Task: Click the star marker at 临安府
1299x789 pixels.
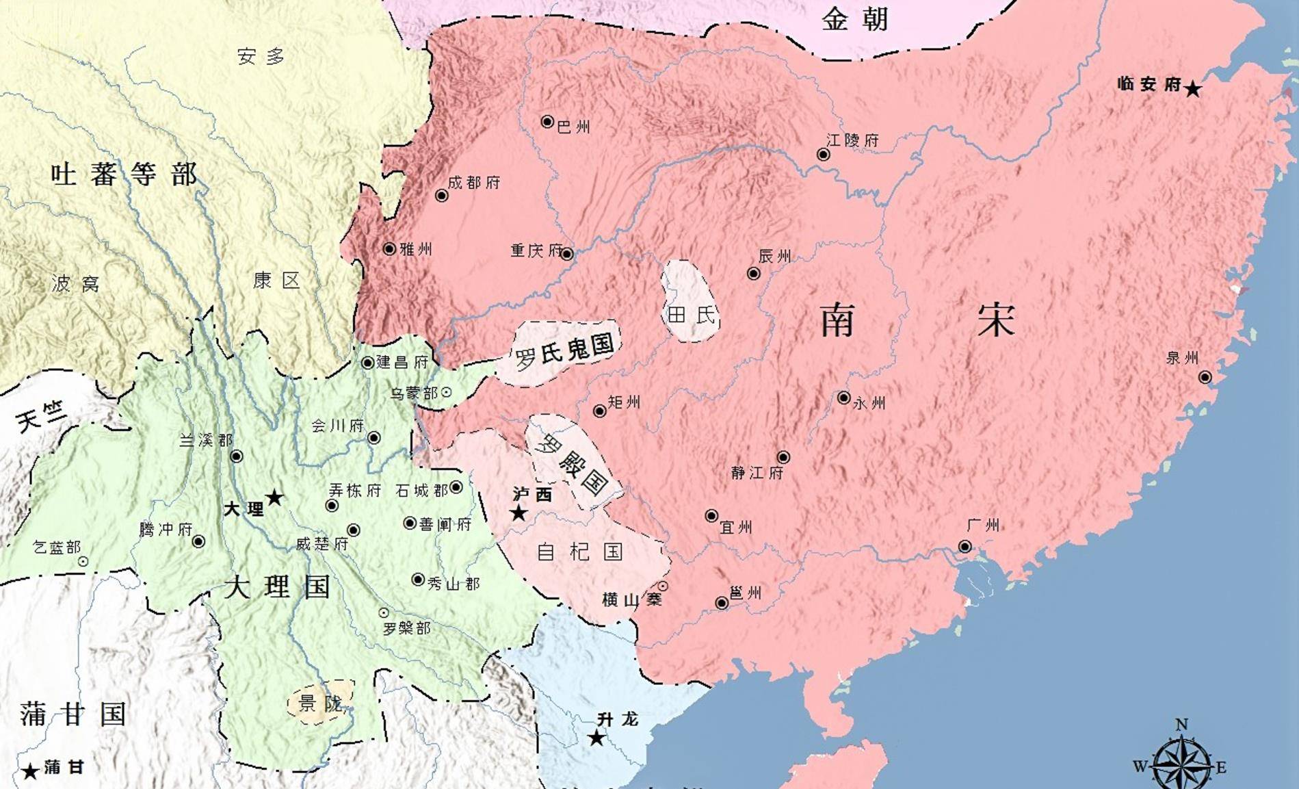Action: click(1192, 89)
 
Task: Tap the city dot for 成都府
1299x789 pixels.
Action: click(442, 196)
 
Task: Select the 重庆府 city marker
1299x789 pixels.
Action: click(567, 254)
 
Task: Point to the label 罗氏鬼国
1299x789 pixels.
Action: click(564, 352)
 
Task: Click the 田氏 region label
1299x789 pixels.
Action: click(691, 315)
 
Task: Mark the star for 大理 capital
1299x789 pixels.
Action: click(274, 497)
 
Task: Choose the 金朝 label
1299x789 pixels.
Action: click(854, 19)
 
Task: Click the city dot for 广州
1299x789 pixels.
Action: click(965, 546)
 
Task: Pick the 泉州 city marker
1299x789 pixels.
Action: click(1205, 377)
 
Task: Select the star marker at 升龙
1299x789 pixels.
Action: click(596, 738)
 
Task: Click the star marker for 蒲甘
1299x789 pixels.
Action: click(30, 772)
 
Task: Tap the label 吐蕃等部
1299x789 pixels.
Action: click(124, 174)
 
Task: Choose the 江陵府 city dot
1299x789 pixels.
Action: click(824, 155)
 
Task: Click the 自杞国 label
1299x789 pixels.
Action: click(580, 552)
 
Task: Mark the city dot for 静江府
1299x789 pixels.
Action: click(783, 457)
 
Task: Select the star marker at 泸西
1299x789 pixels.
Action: click(519, 513)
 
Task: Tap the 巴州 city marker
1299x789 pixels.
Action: click(547, 122)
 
